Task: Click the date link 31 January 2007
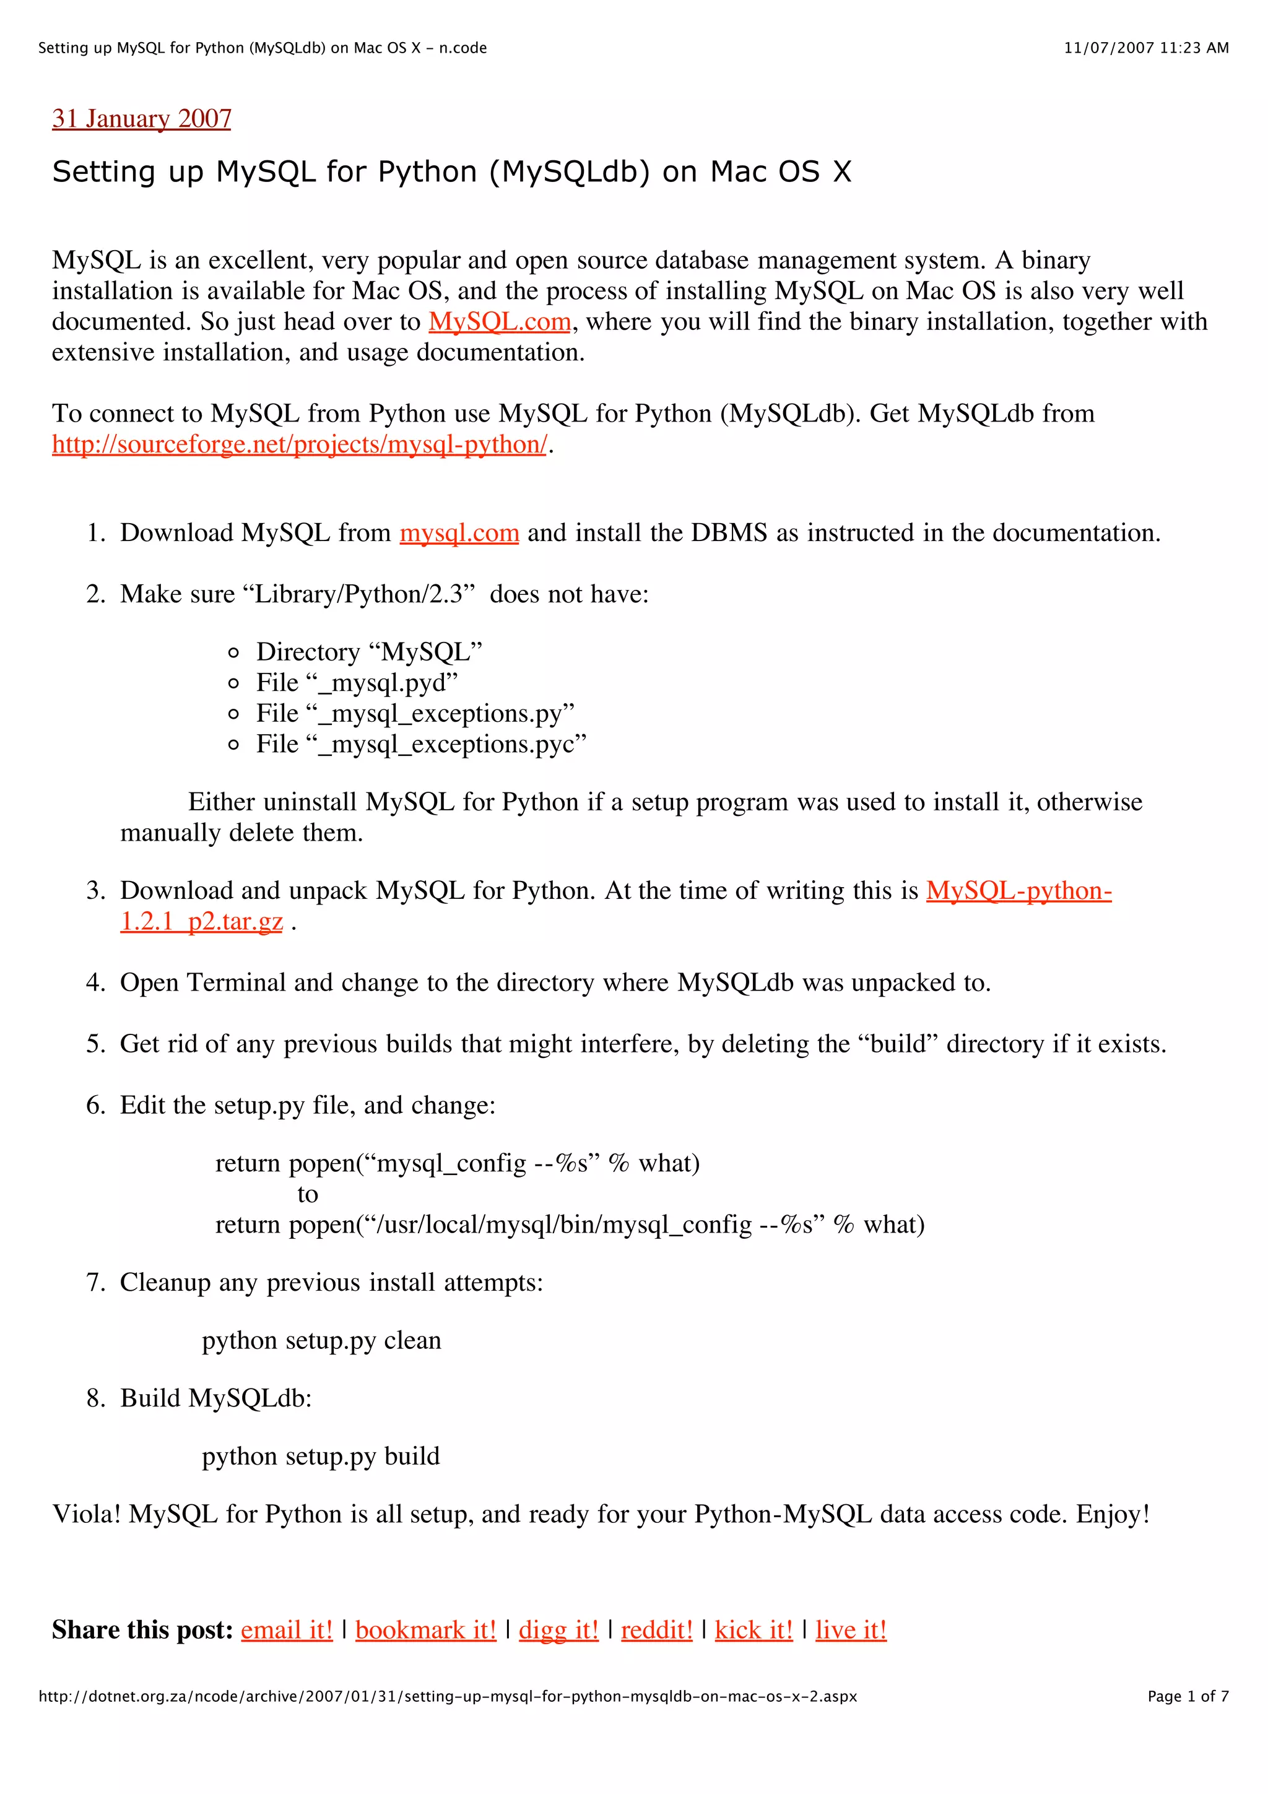click(141, 119)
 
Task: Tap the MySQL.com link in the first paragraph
click(499, 322)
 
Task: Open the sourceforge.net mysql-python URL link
click(299, 444)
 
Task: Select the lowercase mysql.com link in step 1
click(459, 533)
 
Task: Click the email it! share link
click(287, 1630)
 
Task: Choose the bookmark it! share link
click(426, 1630)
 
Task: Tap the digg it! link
click(558, 1630)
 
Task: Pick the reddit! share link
click(657, 1630)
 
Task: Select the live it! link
click(851, 1630)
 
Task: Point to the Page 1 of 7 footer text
click(1188, 1696)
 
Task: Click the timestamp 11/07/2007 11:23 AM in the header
click(1146, 48)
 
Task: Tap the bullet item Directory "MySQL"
click(369, 652)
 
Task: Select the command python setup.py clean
click(321, 1341)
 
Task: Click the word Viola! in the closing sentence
click(86, 1514)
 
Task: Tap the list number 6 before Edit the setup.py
click(95, 1106)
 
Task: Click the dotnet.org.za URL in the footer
click(448, 1696)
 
